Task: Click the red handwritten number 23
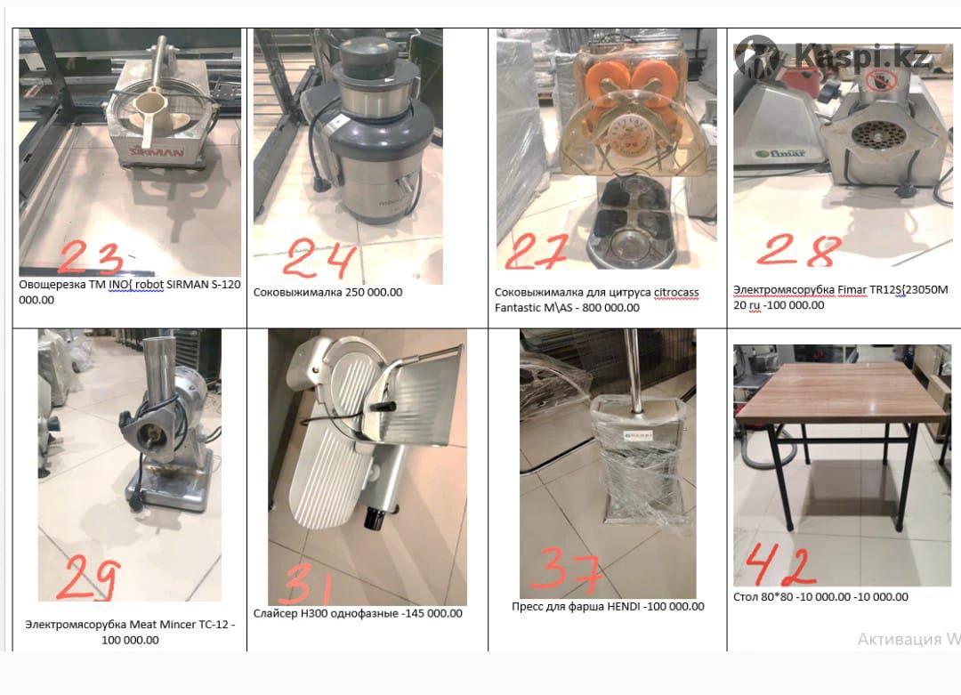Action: [90, 257]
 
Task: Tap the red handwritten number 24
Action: [319, 257]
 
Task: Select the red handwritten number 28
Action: [798, 250]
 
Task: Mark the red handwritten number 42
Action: [780, 563]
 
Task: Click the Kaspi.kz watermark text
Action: [861, 56]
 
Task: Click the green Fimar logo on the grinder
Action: [780, 153]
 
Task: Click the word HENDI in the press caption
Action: [623, 606]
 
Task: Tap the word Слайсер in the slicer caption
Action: [275, 613]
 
